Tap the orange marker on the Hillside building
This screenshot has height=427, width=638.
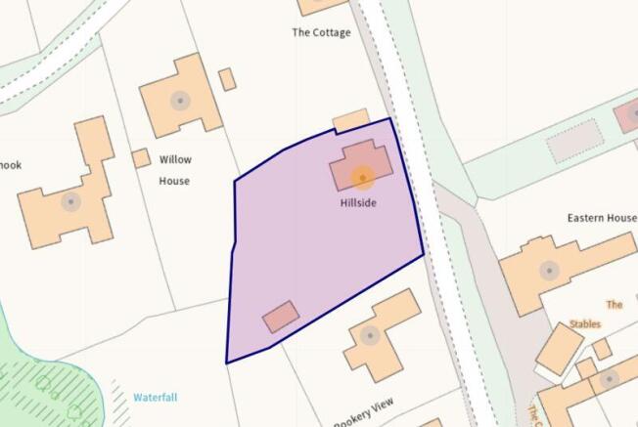tap(362, 177)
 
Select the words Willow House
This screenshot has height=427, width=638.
tap(175, 170)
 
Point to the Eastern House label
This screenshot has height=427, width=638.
tap(602, 218)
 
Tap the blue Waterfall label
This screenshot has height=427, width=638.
tap(155, 398)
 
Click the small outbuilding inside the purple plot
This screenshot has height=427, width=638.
tap(281, 317)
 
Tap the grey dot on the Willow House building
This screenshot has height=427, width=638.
tap(179, 100)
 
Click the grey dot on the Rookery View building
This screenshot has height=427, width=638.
tap(370, 335)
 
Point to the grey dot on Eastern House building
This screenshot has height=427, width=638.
tap(550, 270)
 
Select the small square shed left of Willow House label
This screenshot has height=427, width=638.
tap(141, 157)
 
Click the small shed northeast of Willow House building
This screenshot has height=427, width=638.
tap(227, 79)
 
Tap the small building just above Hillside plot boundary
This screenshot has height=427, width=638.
tap(350, 120)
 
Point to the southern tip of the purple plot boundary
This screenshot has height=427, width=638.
tap(228, 363)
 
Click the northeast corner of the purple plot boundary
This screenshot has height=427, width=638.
tap(390, 118)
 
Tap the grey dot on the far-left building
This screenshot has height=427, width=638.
tap(69, 202)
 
